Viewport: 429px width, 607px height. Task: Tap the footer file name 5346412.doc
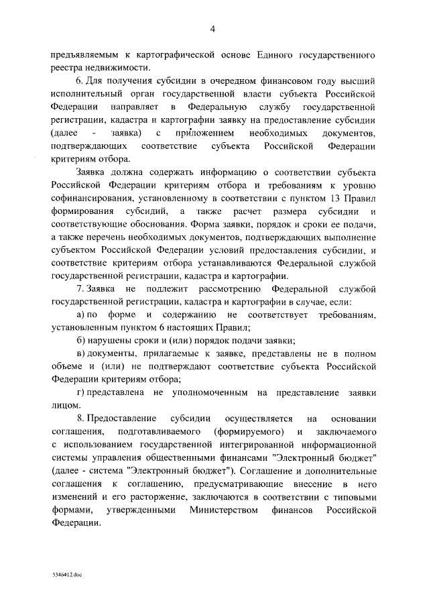pyautogui.click(x=68, y=575)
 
